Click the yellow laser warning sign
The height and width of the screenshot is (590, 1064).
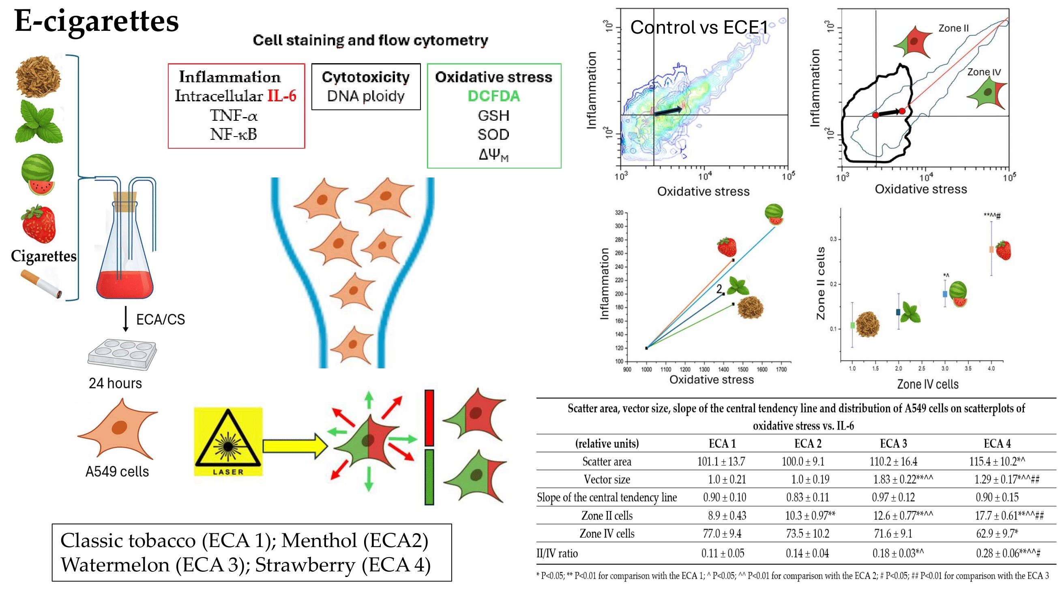(228, 441)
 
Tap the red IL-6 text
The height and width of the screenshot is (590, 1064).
(282, 96)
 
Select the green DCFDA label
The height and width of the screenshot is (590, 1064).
(493, 96)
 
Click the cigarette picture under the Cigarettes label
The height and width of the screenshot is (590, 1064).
(41, 284)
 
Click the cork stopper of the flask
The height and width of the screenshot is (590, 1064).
(125, 201)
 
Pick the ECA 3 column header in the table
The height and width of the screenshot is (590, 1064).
(893, 443)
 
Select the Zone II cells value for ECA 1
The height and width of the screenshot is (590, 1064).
(727, 515)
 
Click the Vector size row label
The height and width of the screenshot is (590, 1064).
(607, 479)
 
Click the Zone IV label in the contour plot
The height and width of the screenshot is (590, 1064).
(984, 72)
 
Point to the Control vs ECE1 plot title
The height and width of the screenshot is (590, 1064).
(699, 27)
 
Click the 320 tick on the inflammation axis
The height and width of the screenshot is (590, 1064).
(619, 213)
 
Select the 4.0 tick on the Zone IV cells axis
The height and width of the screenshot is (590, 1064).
(991, 368)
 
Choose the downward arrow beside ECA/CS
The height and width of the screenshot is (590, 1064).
(126, 320)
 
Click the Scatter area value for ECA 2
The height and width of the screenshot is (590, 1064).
(802, 461)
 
